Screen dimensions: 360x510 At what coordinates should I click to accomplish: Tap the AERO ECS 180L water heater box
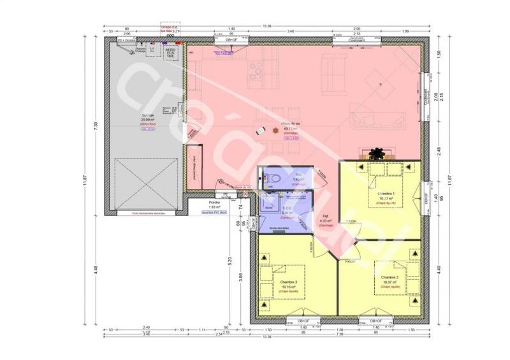[x=170, y=52]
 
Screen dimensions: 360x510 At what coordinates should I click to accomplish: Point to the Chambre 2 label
[x=390, y=278]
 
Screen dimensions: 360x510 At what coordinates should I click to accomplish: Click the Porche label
[x=214, y=202]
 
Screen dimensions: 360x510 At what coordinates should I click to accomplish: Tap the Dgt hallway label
[x=325, y=217]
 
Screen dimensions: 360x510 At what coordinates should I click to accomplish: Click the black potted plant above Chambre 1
[x=378, y=153]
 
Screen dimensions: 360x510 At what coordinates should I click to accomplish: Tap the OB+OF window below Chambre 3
[x=297, y=320]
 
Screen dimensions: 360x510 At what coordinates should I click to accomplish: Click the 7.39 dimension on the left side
[x=95, y=127]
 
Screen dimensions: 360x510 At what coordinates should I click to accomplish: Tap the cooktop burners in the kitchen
[x=258, y=75]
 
